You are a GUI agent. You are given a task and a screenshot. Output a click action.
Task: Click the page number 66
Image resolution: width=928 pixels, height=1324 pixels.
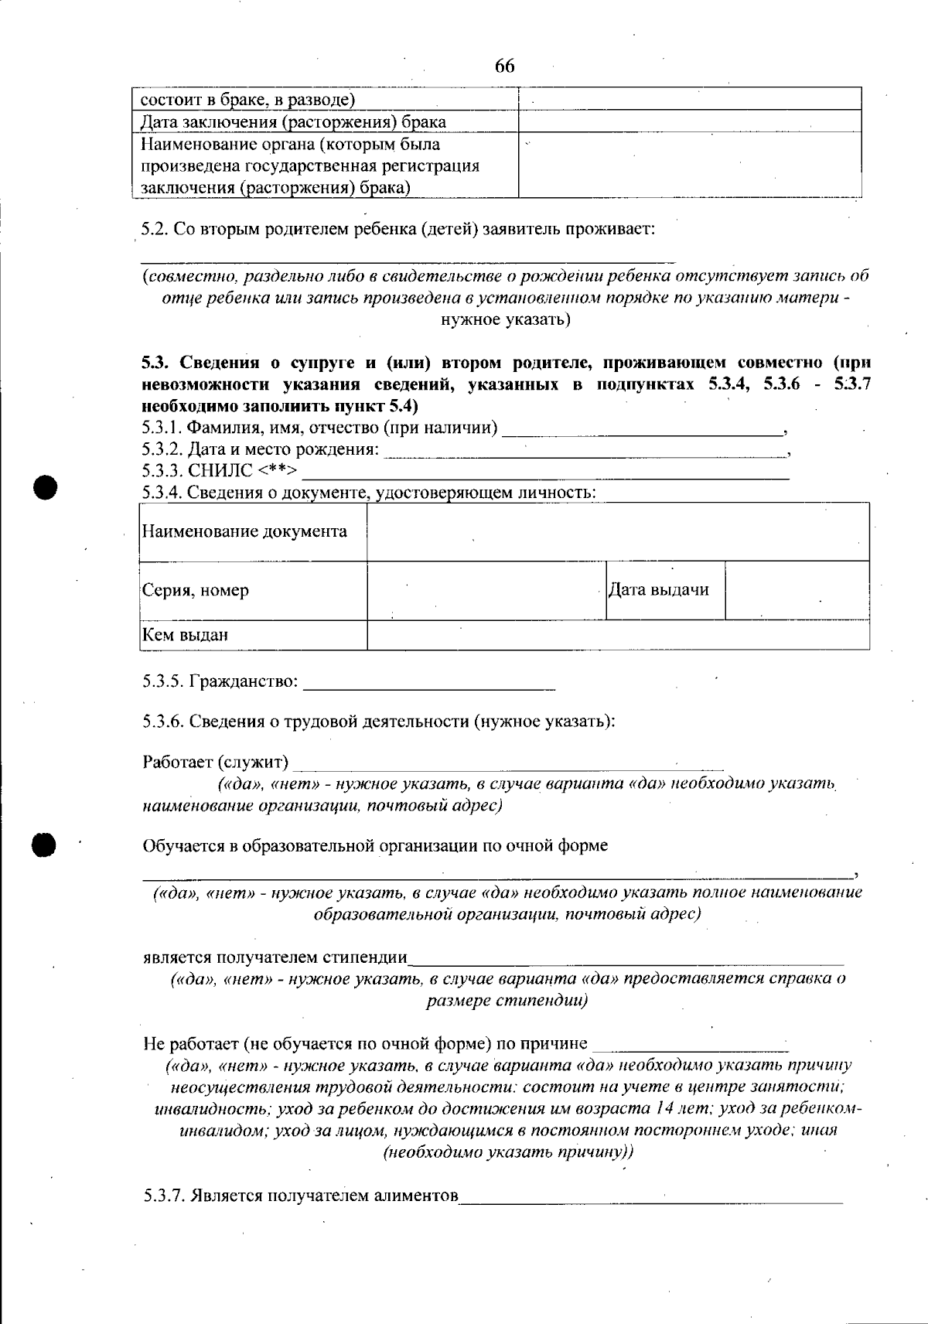pyautogui.click(x=504, y=66)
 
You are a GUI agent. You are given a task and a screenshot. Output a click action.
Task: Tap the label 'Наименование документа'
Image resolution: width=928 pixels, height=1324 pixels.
pyautogui.click(x=244, y=532)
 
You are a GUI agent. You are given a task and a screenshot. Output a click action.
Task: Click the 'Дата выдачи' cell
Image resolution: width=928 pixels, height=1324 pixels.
pyautogui.click(x=659, y=590)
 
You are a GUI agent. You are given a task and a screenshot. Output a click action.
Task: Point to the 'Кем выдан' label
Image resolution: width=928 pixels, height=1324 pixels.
pyautogui.click(x=185, y=636)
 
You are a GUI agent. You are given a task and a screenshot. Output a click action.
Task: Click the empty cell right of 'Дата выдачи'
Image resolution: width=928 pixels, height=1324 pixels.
pyautogui.click(x=797, y=590)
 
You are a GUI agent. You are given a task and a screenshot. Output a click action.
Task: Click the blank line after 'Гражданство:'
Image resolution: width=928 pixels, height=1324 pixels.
pyautogui.click(x=430, y=683)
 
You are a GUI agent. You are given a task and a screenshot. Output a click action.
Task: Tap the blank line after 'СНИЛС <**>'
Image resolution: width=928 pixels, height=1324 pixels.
pyautogui.click(x=545, y=473)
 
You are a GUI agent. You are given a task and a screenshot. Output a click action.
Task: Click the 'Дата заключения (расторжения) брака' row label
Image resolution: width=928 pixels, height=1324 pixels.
pyautogui.click(x=293, y=122)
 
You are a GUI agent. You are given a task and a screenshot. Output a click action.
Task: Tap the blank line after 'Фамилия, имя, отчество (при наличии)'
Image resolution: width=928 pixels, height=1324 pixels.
pyautogui.click(x=642, y=429)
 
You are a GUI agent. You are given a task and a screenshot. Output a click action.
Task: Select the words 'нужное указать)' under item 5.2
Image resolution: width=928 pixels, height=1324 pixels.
pyautogui.click(x=506, y=319)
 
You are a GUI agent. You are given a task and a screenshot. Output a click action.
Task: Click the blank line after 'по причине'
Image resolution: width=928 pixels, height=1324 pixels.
pyautogui.click(x=692, y=1046)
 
